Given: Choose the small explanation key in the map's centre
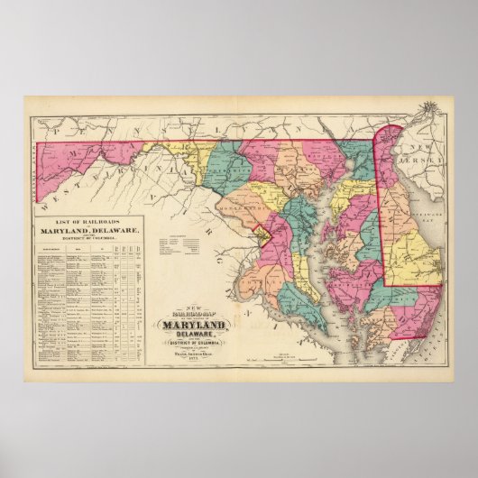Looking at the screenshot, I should (179, 244).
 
